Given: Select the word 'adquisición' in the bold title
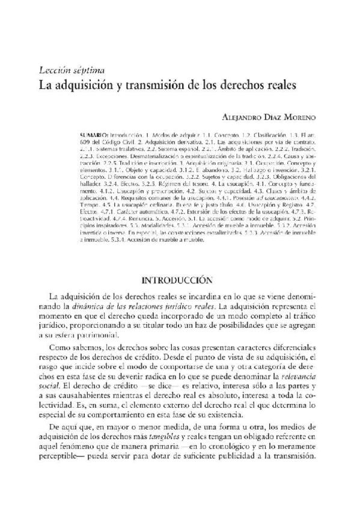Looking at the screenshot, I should [85, 85].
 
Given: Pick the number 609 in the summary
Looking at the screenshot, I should [85, 138].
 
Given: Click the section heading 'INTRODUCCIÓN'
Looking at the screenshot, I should [177, 280].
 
